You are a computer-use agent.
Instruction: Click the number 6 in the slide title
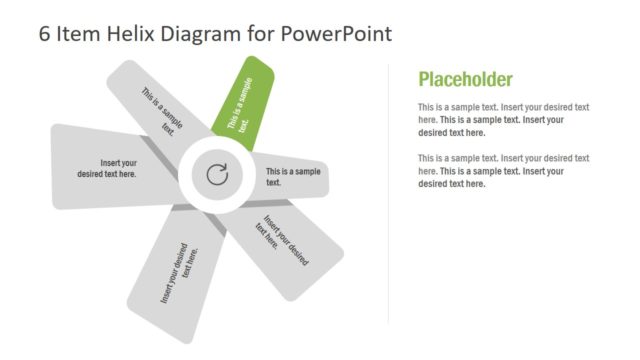[45, 33]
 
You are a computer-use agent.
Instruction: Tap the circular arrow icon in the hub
[217, 176]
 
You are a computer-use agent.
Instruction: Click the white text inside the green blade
[240, 104]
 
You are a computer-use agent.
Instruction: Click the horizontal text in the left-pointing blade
[108, 168]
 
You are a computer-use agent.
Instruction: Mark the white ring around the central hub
[217, 149]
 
